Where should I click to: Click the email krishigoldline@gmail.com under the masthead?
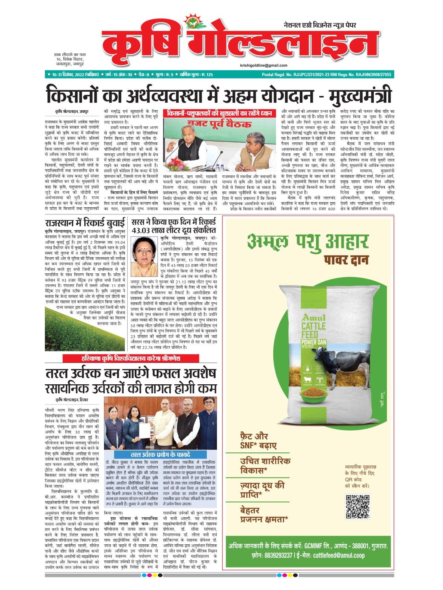[263, 65]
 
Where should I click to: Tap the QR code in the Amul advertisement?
[358, 507]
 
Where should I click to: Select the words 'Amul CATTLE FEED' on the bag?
[313, 326]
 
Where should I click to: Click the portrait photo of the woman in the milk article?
[144, 256]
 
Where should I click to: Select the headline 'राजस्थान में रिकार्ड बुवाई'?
[85, 223]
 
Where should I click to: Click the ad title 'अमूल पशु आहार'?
[308, 241]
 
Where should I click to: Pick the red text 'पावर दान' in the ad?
[346, 260]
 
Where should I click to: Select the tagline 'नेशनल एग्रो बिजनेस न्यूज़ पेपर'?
[320, 25]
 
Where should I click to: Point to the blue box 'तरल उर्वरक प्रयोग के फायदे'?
[160, 454]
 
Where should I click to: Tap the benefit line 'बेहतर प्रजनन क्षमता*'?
[264, 515]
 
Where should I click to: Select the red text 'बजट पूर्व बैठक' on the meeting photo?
[220, 125]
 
